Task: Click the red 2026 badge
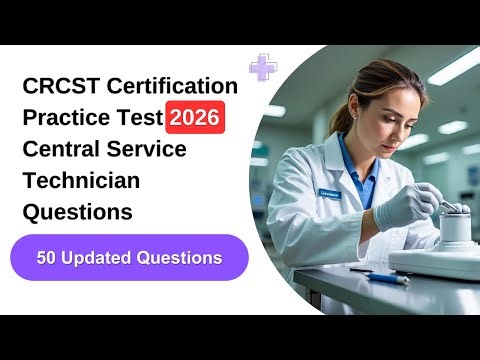tap(195, 119)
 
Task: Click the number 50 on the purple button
tap(49, 258)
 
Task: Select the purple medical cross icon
tap(264, 67)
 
